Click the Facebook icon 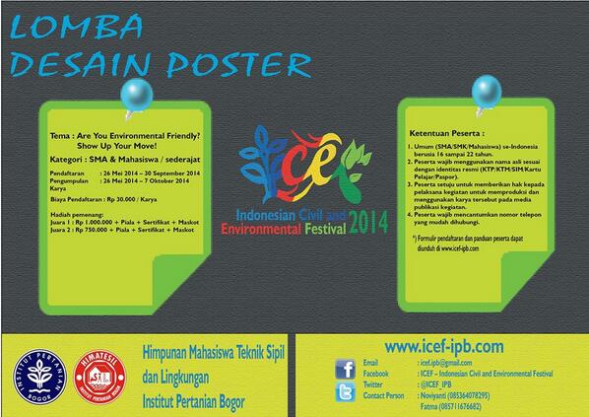345,369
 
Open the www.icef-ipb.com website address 443,346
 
